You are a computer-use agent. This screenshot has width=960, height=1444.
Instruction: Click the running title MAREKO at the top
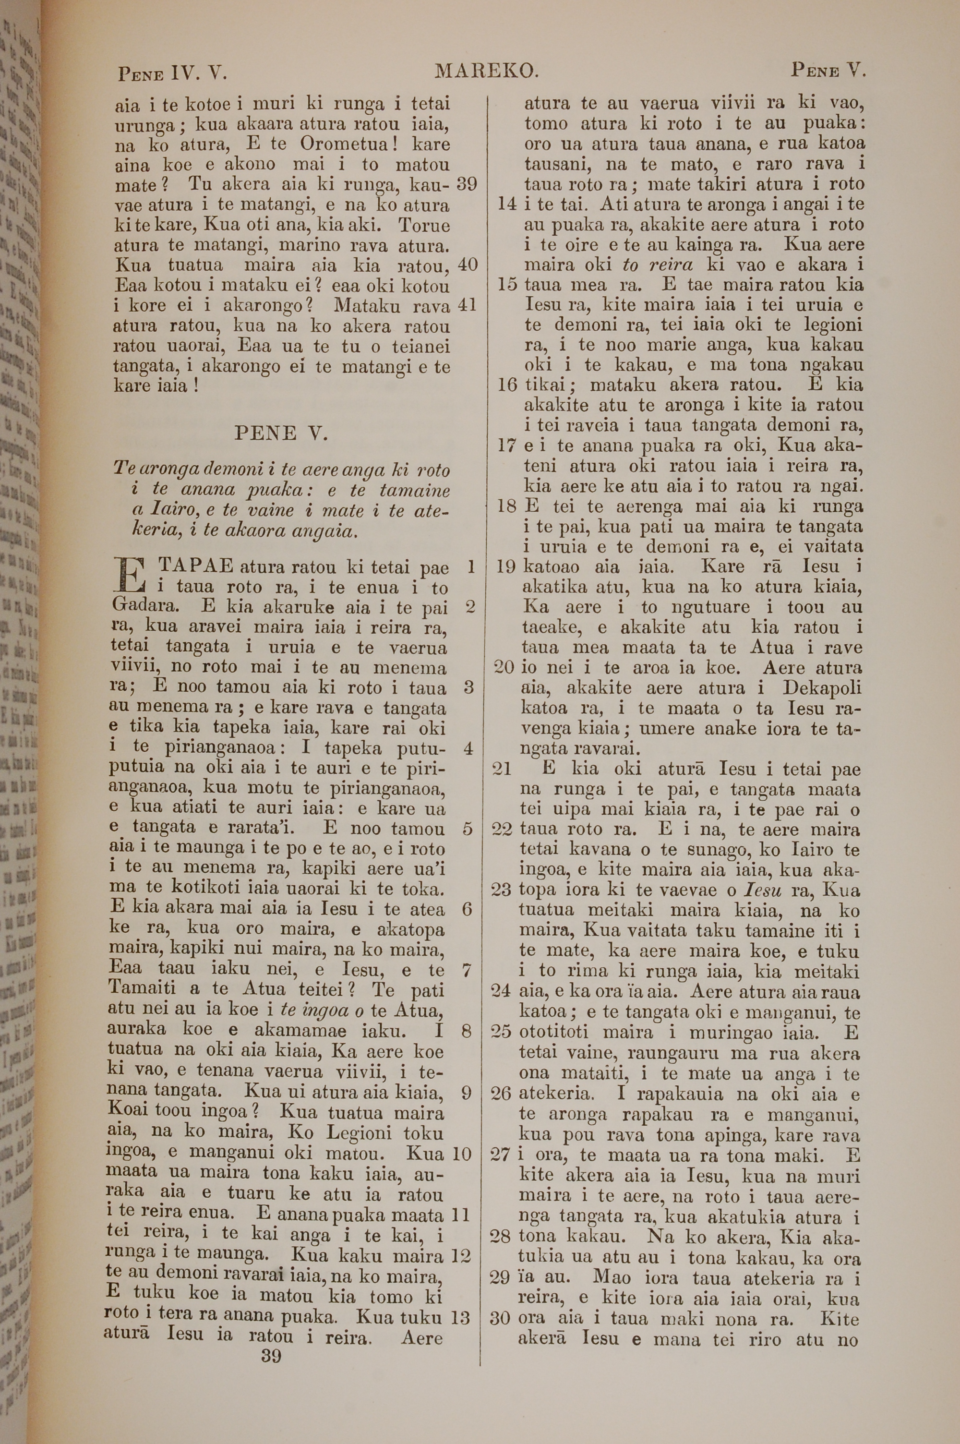click(486, 72)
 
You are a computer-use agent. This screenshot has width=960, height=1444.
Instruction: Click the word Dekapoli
click(822, 688)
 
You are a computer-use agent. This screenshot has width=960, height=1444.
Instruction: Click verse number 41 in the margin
click(467, 305)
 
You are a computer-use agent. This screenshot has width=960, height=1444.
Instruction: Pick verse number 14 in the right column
click(507, 205)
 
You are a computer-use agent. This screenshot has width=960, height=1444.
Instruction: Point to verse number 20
click(503, 668)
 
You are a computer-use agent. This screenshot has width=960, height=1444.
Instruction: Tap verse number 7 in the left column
click(467, 971)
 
